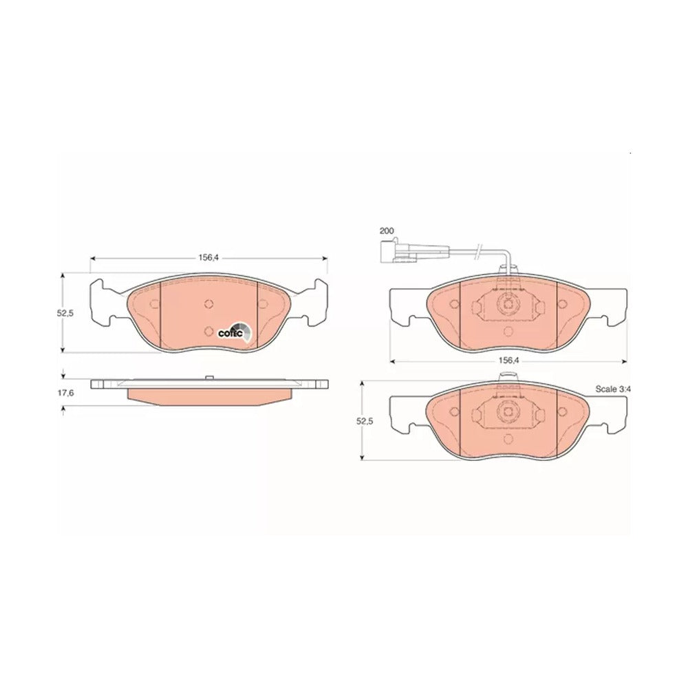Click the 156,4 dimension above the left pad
(208, 257)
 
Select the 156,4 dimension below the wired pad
(508, 361)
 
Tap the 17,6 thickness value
(66, 393)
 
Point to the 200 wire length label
(387, 230)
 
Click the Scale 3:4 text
(612, 389)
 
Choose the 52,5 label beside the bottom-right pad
(364, 421)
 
